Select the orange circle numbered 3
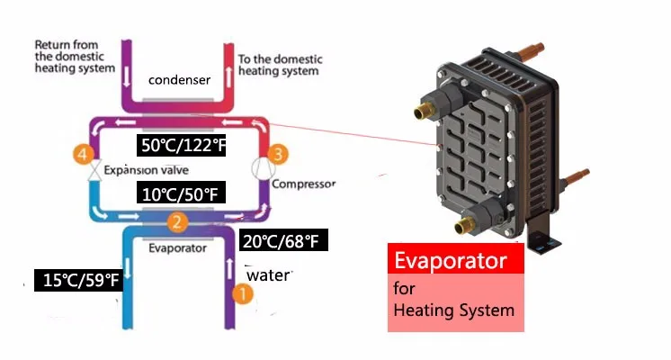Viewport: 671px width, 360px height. point(279,155)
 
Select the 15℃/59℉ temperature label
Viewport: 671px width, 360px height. point(77,281)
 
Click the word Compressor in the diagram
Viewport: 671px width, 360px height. point(303,184)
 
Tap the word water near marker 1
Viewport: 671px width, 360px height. point(268,274)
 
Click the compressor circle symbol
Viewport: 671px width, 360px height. point(262,168)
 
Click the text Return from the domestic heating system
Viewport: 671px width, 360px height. point(75,56)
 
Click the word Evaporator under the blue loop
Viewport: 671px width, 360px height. point(179,247)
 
